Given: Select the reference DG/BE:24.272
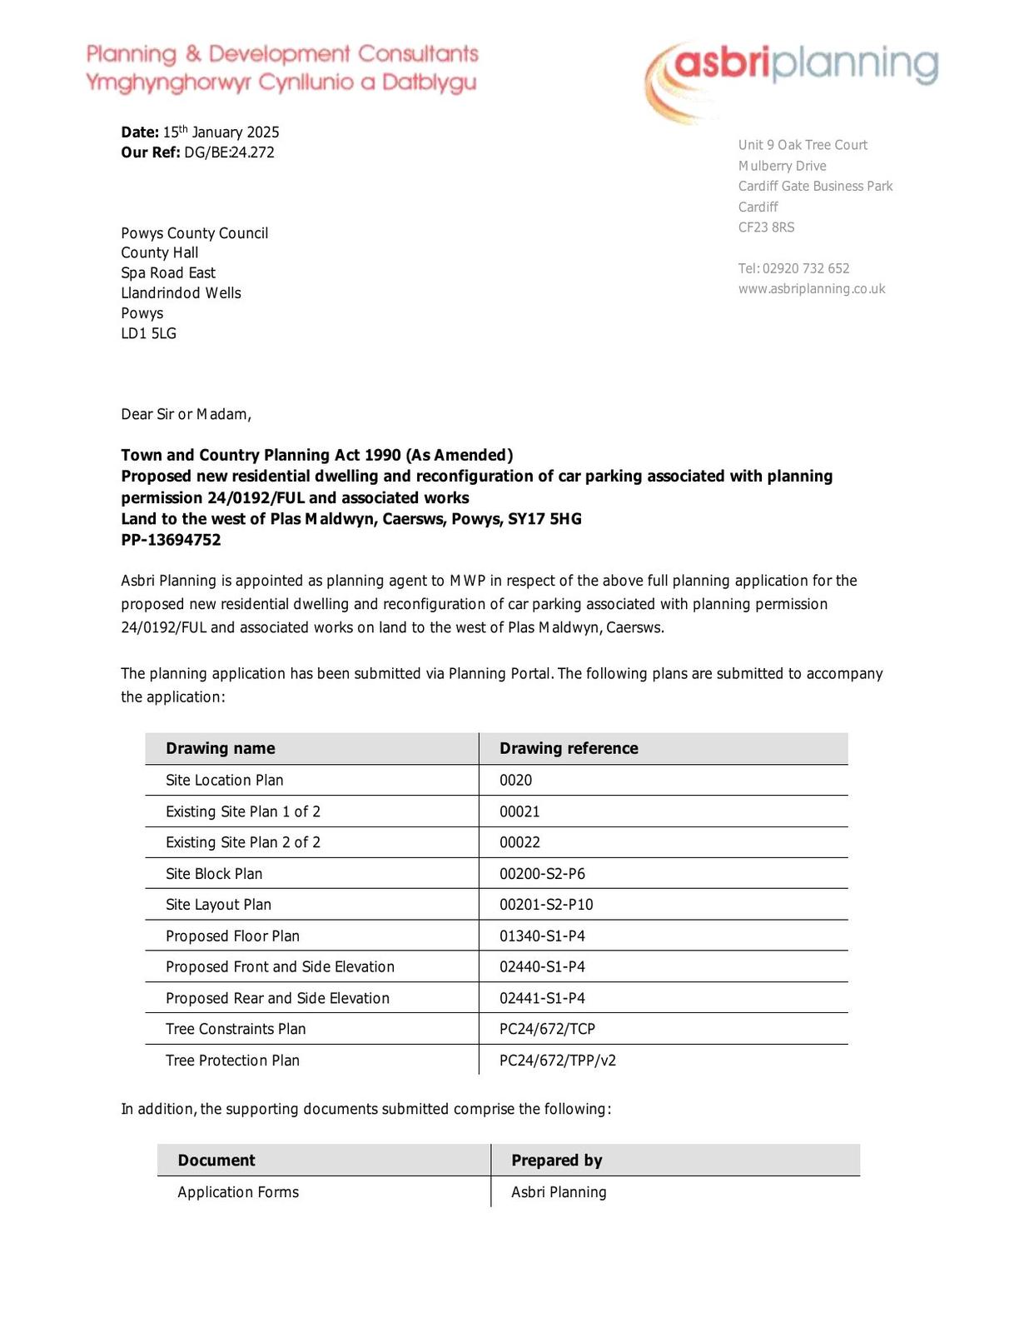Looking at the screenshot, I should (x=229, y=152).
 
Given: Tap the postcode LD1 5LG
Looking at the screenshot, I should (x=148, y=333).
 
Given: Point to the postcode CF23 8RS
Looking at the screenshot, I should (x=766, y=227).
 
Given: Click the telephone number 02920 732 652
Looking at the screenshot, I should (x=805, y=268).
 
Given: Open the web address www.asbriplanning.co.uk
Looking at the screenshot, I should (x=811, y=289).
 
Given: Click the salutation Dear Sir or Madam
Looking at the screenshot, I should (x=186, y=414).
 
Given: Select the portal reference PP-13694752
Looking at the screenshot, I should (x=171, y=540).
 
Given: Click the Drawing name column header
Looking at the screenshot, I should (x=220, y=748).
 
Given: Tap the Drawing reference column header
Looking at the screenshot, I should (x=569, y=748).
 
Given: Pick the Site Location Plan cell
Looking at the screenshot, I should (x=224, y=780).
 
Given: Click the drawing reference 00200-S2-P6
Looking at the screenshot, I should (x=542, y=873).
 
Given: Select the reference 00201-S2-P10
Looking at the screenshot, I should (x=546, y=905).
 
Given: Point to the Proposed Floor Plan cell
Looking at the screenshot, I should (x=232, y=936).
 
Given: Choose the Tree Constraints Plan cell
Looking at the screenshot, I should (x=236, y=1029).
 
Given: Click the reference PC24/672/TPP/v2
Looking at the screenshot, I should (x=558, y=1061).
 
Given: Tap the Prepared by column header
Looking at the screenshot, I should (x=556, y=1161).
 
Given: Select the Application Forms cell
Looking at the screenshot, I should (x=238, y=1192).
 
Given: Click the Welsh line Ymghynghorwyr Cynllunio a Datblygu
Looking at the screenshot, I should (x=281, y=82).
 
